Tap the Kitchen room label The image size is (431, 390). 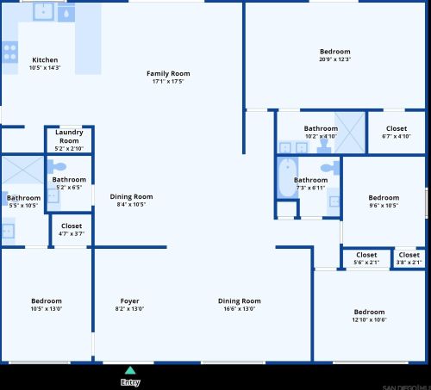click(45, 60)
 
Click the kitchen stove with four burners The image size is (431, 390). click(9, 53)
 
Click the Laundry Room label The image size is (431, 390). click(69, 136)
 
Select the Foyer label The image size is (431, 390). click(130, 301)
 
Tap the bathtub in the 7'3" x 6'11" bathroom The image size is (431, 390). click(287, 178)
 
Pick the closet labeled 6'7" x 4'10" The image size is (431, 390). click(396, 132)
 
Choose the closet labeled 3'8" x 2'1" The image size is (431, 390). click(409, 258)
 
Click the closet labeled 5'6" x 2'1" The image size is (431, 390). click(366, 258)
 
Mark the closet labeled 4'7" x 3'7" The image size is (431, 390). click(72, 229)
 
